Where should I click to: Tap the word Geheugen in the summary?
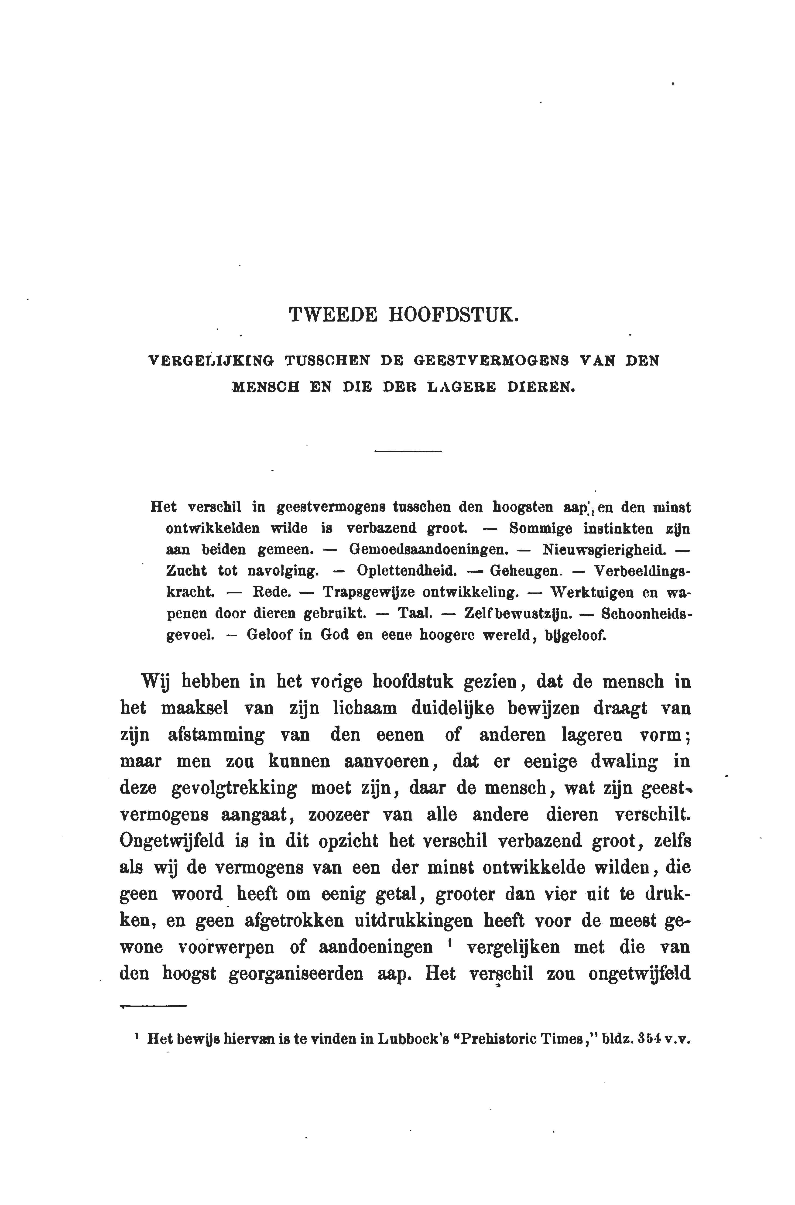coord(525,571)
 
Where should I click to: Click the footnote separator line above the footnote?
coord(154,1006)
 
